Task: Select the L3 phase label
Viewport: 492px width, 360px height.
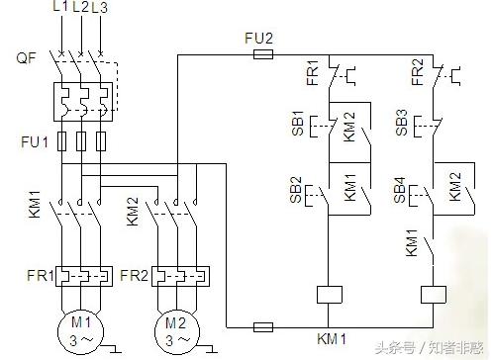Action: pos(99,8)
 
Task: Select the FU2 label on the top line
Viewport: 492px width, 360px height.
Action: pos(259,38)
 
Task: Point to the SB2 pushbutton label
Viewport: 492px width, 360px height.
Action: pos(297,190)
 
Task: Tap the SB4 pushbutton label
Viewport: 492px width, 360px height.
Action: pos(401,190)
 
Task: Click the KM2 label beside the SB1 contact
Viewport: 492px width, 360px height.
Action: pos(351,129)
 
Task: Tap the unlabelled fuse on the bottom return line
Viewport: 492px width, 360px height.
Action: pos(264,325)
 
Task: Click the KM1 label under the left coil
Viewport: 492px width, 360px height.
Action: pos(330,340)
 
